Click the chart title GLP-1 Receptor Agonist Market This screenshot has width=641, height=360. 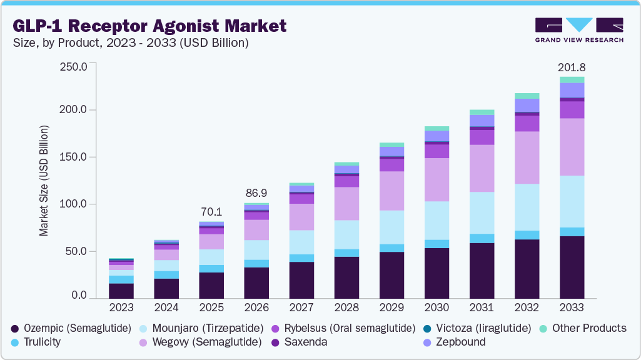point(149,26)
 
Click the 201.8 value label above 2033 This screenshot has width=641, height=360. point(572,67)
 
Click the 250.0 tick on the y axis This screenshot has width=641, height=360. point(73,66)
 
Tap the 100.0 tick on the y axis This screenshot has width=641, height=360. point(73,204)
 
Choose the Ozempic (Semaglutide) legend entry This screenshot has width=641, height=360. point(71,328)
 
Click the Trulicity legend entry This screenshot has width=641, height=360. point(41,342)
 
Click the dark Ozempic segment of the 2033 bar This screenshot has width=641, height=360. point(572,267)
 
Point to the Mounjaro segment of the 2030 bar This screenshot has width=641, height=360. point(437,220)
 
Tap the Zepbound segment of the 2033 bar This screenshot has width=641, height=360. point(572,90)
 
